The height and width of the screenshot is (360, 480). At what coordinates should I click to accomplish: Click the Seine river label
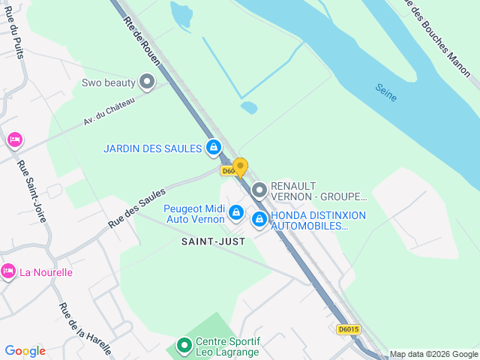[x=386, y=91]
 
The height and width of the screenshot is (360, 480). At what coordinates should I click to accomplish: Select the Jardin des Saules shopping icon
[x=214, y=148]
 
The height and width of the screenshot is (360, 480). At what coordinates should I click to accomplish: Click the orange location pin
[x=240, y=166]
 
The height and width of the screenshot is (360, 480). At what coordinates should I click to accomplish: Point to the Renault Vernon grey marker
[x=259, y=189]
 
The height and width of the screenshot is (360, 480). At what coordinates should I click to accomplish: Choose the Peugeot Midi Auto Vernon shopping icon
[x=236, y=214]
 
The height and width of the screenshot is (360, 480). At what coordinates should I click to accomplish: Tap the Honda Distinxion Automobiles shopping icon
[x=259, y=220]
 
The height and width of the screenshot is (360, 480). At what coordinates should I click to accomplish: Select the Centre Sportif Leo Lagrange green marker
[x=184, y=346]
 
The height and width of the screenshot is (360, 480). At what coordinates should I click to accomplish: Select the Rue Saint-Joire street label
[x=31, y=193]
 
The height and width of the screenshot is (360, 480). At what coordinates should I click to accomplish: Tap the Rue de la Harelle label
[x=84, y=328]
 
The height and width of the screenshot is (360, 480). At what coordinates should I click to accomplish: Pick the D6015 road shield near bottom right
[x=349, y=329]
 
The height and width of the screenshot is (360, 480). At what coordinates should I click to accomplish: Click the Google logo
[x=25, y=351]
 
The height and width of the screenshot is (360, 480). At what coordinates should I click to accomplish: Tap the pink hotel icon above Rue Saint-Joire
[x=13, y=140]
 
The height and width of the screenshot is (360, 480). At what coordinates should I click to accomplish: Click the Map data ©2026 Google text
[x=433, y=354]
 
